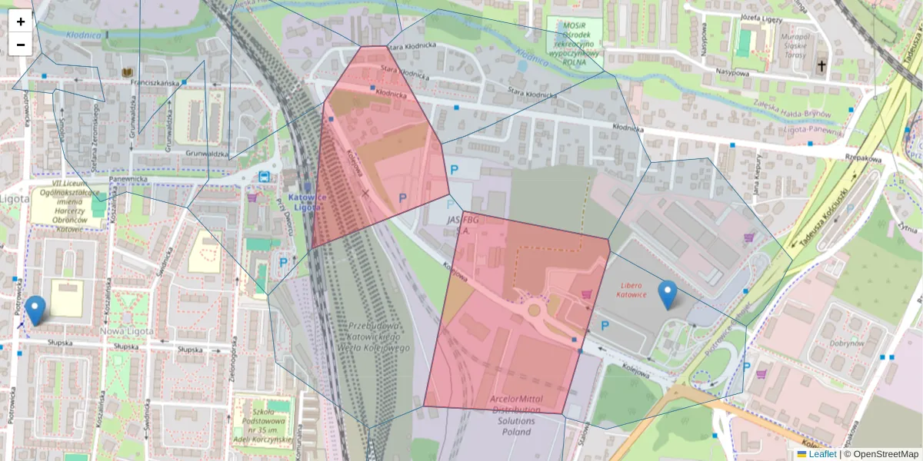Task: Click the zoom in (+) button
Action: point(21,22)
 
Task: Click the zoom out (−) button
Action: point(21,45)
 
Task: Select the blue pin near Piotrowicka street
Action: point(35,310)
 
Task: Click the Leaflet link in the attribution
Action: point(822,454)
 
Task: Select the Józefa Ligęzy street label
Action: point(761,17)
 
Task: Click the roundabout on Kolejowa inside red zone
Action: point(534,310)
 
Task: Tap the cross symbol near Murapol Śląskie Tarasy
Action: point(821,67)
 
